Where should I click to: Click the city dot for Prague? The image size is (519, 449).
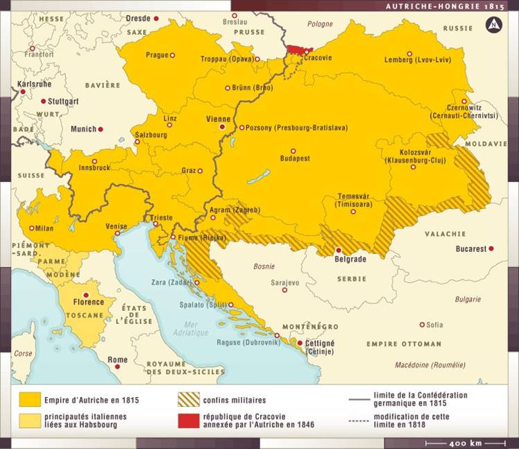tap(172, 55)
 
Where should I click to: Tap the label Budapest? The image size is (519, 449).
tap(294, 159)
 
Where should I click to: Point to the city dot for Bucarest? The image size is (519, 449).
tap(491, 248)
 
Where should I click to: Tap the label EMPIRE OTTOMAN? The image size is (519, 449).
tap(404, 344)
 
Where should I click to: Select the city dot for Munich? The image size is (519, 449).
tap(101, 129)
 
